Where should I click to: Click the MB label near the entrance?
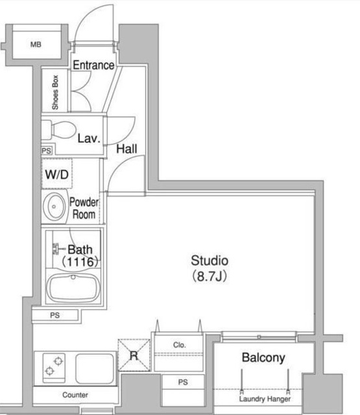36,45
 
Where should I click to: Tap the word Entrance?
93,65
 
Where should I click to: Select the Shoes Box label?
55,92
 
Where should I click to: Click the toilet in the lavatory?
60,130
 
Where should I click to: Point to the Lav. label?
90,138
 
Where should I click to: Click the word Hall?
126,148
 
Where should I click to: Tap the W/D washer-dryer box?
56,174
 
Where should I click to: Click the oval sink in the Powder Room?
54,207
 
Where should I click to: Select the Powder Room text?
84,208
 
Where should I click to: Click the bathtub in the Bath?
73,289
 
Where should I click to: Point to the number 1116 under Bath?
80,262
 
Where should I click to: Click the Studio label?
210,261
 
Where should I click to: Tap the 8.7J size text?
210,276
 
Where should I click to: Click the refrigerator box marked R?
134,355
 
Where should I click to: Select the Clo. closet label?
180,345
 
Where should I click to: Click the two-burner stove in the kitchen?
54,368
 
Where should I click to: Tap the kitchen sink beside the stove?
95,368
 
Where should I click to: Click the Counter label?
75,395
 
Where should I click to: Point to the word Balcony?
263,358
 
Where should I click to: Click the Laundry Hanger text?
265,399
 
